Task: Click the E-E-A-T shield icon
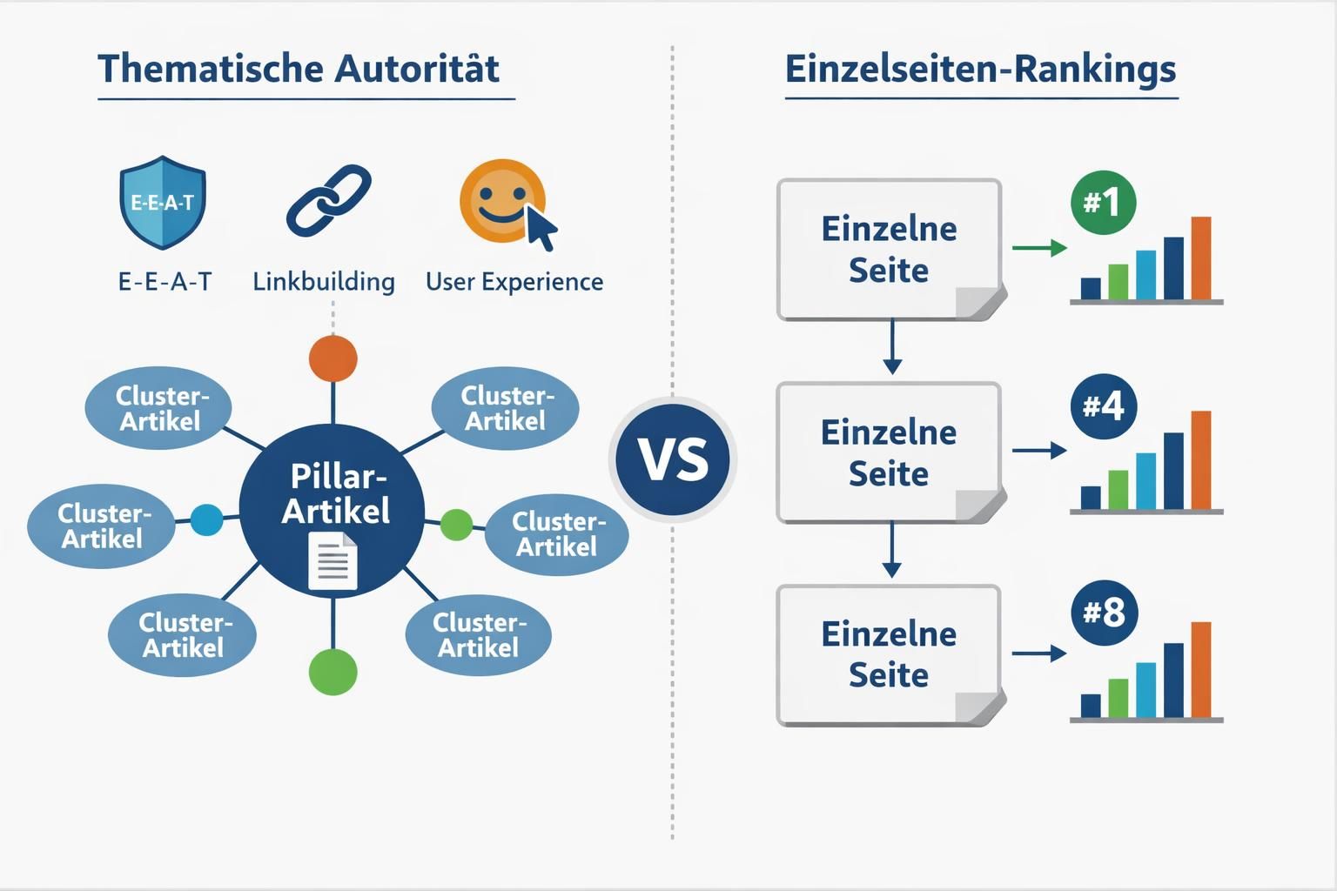click(162, 203)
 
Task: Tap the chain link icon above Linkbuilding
click(328, 201)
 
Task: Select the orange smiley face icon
click(502, 201)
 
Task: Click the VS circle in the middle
click(673, 459)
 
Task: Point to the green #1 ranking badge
click(1103, 203)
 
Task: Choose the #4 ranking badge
click(1103, 406)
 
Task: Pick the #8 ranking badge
click(1103, 613)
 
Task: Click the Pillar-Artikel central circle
click(333, 509)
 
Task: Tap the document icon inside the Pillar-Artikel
click(333, 561)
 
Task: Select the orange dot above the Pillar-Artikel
click(333, 358)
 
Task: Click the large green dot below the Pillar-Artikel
click(333, 671)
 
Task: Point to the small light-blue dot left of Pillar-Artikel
click(206, 519)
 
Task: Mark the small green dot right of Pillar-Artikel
click(456, 525)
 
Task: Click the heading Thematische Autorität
click(299, 69)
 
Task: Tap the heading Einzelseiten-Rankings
click(980, 69)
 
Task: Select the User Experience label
click(514, 282)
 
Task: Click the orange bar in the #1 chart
click(1201, 258)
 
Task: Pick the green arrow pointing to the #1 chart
click(1039, 249)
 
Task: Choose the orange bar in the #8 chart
click(1201, 670)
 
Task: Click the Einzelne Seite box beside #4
click(889, 452)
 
